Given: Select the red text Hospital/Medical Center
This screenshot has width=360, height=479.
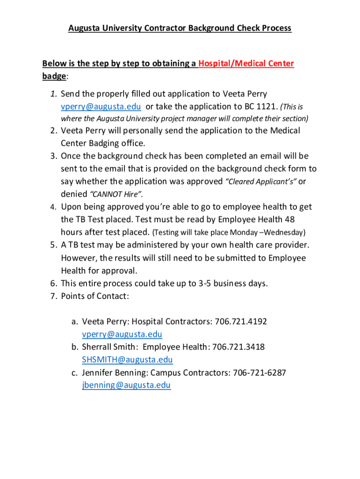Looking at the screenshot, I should tap(246, 64).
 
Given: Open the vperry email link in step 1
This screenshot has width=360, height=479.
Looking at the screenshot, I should tap(101, 106).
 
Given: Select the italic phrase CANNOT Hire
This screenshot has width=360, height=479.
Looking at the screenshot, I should tap(109, 194).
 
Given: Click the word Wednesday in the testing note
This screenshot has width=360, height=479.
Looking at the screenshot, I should tap(285, 232).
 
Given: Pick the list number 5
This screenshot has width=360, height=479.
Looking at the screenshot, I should tap(53, 245).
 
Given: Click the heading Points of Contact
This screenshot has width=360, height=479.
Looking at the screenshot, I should tap(95, 296).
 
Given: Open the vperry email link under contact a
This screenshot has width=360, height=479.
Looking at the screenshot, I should tap(122, 334).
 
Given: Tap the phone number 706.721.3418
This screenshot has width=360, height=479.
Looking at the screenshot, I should tap(238, 347).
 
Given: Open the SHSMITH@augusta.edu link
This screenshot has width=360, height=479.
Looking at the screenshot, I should tap(127, 360).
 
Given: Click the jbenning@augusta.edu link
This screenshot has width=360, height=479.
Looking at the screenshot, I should tap(126, 385).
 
